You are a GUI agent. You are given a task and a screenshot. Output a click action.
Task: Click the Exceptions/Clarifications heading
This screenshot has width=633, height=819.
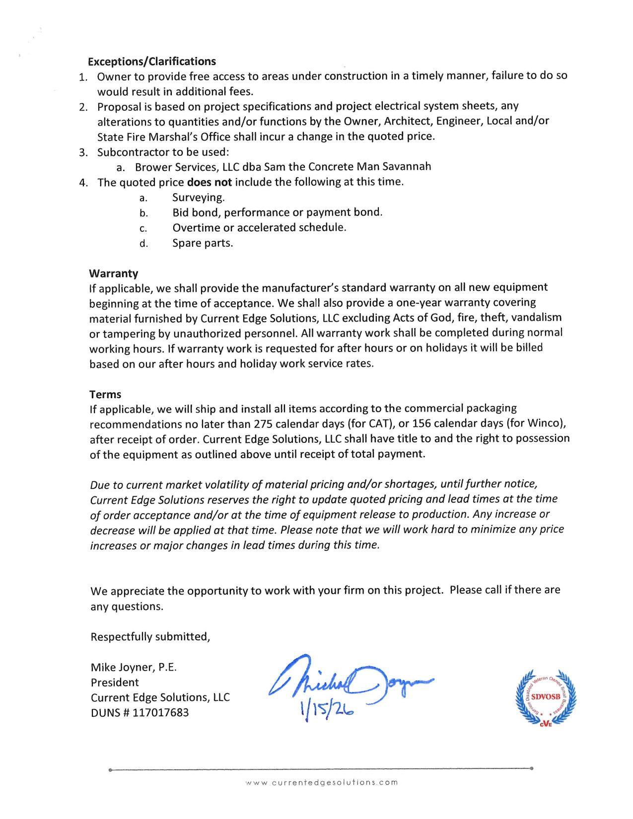pos(152,62)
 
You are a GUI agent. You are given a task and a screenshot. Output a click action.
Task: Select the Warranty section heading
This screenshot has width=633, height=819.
pos(114,273)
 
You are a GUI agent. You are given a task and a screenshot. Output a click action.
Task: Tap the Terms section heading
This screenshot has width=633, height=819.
pos(105,395)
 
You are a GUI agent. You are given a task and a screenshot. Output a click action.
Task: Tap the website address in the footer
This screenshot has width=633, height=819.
pos(322,783)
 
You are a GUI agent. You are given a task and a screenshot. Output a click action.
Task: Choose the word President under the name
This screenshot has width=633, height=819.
pos(115,682)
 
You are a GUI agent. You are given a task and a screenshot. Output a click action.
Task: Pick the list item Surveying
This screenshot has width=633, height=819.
pos(199,198)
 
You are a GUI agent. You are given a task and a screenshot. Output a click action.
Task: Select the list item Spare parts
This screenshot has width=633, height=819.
pos(203,243)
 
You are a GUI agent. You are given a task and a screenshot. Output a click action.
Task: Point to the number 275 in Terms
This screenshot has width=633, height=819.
pos(263,424)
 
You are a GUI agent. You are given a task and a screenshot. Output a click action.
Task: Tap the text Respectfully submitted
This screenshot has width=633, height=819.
pos(150,637)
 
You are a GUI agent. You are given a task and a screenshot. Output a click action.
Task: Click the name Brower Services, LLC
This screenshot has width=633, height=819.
pos(187,167)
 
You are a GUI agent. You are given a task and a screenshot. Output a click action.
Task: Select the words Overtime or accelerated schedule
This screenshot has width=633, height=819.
pos(259,228)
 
